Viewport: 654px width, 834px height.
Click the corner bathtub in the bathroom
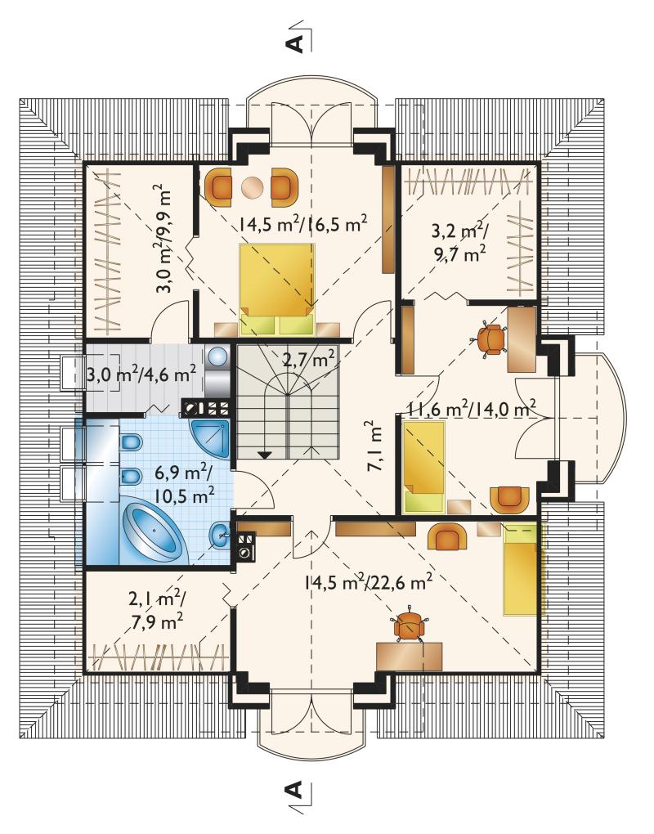tap(153, 532)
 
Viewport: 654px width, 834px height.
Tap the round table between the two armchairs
tap(252, 187)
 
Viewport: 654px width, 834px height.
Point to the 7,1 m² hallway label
tap(374, 446)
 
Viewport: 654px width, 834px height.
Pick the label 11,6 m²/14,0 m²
tap(471, 409)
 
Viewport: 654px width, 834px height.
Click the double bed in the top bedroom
tap(277, 289)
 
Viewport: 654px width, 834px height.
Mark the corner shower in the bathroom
tap(211, 438)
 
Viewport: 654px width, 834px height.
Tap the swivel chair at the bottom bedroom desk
tap(410, 625)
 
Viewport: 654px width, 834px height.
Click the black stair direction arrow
tap(264, 455)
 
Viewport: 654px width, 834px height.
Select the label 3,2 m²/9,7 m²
tap(459, 244)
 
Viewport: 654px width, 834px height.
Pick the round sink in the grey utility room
tap(217, 356)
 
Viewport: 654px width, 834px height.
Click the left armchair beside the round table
tap(219, 186)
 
